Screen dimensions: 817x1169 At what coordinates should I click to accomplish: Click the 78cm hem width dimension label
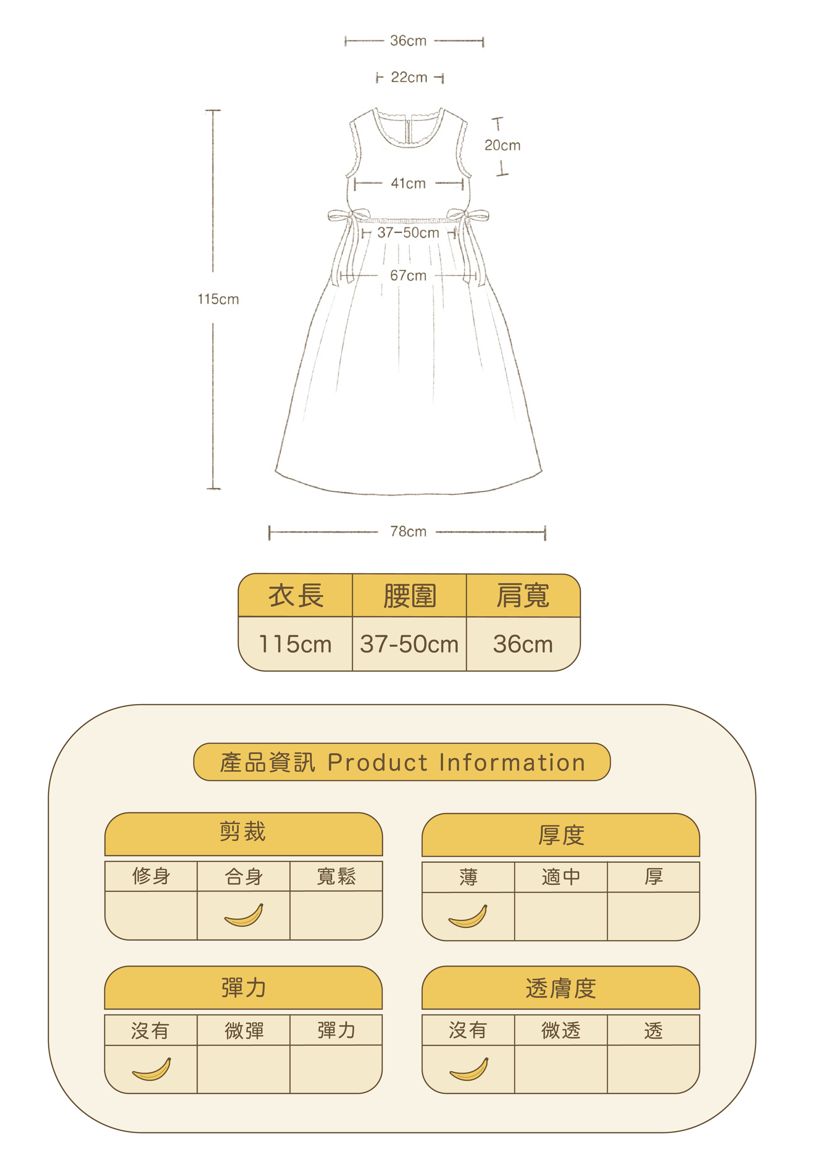(x=408, y=532)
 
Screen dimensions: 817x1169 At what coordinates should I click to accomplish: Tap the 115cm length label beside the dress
(x=218, y=299)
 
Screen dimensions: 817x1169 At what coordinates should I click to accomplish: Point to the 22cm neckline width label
(x=409, y=77)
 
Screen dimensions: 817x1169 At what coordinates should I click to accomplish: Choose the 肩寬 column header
(x=523, y=596)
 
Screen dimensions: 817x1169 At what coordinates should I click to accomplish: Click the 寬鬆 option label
(x=336, y=876)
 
